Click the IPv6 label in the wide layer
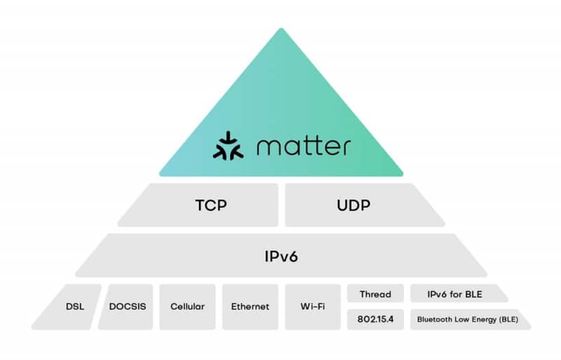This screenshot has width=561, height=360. coord(280,255)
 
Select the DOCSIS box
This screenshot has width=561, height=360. coord(128,307)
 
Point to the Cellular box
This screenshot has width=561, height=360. coord(187,307)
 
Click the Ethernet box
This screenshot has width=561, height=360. coord(250,307)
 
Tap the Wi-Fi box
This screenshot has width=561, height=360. coord(312,307)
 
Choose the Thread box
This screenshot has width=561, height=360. coord(375,294)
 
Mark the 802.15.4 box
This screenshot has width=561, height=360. coord(375,319)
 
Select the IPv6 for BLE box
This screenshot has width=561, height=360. coord(454,294)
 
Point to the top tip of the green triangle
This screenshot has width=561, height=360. coord(281,29)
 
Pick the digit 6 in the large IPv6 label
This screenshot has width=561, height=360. coord(299,255)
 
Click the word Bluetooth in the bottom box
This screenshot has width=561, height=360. coord(434,319)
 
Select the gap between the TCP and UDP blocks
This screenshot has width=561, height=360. coord(281,206)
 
